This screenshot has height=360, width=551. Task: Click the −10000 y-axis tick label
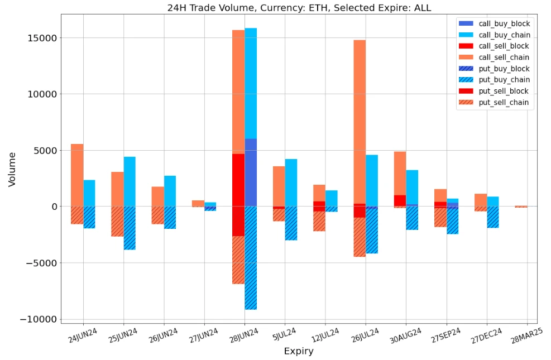pyautogui.click(x=39, y=319)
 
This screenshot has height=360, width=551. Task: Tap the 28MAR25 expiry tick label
pyautogui.click(x=526, y=337)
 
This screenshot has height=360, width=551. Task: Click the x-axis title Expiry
pyautogui.click(x=299, y=351)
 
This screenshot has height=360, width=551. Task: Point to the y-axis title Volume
pyautogui.click(x=12, y=169)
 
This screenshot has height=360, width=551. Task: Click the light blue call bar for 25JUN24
pyautogui.click(x=130, y=181)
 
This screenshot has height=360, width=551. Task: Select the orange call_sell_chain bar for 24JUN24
pyautogui.click(x=77, y=175)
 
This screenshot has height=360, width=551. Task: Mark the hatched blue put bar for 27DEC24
pyautogui.click(x=493, y=217)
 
